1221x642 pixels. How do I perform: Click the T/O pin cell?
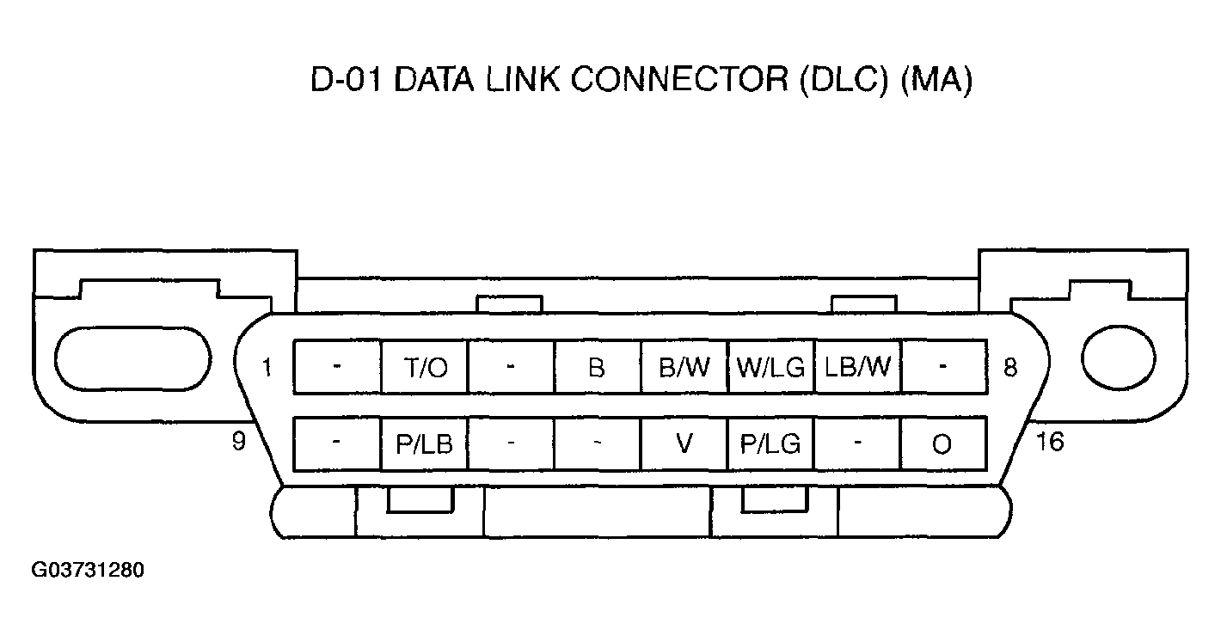(x=424, y=368)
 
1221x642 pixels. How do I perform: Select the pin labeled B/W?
(x=684, y=368)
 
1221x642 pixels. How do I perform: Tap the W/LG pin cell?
(x=770, y=368)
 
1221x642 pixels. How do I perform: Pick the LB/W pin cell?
(x=857, y=368)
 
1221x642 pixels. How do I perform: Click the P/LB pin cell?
(x=424, y=444)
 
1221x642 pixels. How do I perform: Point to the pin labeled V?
(x=684, y=444)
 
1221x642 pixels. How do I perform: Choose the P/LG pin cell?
(x=770, y=444)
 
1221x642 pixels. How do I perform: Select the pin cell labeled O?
(x=942, y=444)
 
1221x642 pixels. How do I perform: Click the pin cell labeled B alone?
(x=597, y=368)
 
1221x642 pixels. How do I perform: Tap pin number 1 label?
(x=267, y=368)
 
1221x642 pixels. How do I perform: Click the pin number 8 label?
(x=1010, y=368)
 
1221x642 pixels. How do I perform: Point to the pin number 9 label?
(x=238, y=441)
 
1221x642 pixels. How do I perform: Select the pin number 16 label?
(x=1050, y=442)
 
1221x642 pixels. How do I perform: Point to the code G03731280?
(x=88, y=571)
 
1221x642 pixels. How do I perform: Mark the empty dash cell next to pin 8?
(x=943, y=368)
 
